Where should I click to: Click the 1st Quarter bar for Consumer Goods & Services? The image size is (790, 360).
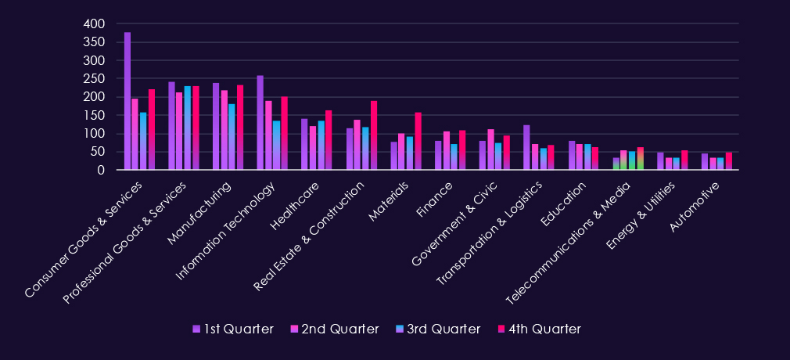(x=127, y=101)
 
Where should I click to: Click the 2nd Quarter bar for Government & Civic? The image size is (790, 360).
(x=490, y=149)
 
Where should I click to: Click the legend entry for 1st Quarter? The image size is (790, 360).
(x=233, y=329)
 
